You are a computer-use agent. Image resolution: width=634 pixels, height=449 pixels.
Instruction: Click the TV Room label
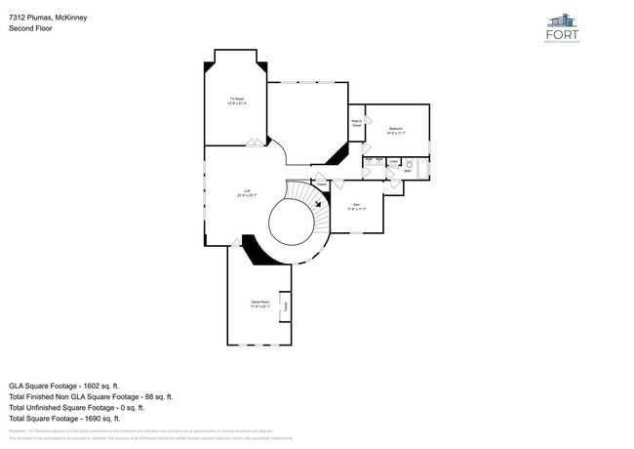236,101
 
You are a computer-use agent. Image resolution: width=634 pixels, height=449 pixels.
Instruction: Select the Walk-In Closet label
356,124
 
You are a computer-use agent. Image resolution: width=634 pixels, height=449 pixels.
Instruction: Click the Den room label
356,206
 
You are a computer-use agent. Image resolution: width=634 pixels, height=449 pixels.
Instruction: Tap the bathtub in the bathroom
423,168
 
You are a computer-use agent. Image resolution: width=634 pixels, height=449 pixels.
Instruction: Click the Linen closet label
393,162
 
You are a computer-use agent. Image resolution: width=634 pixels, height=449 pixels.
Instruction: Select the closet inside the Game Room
286,306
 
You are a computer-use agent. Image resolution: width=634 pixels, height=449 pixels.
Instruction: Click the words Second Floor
30,28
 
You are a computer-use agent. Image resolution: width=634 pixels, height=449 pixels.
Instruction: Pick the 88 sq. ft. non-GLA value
156,396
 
